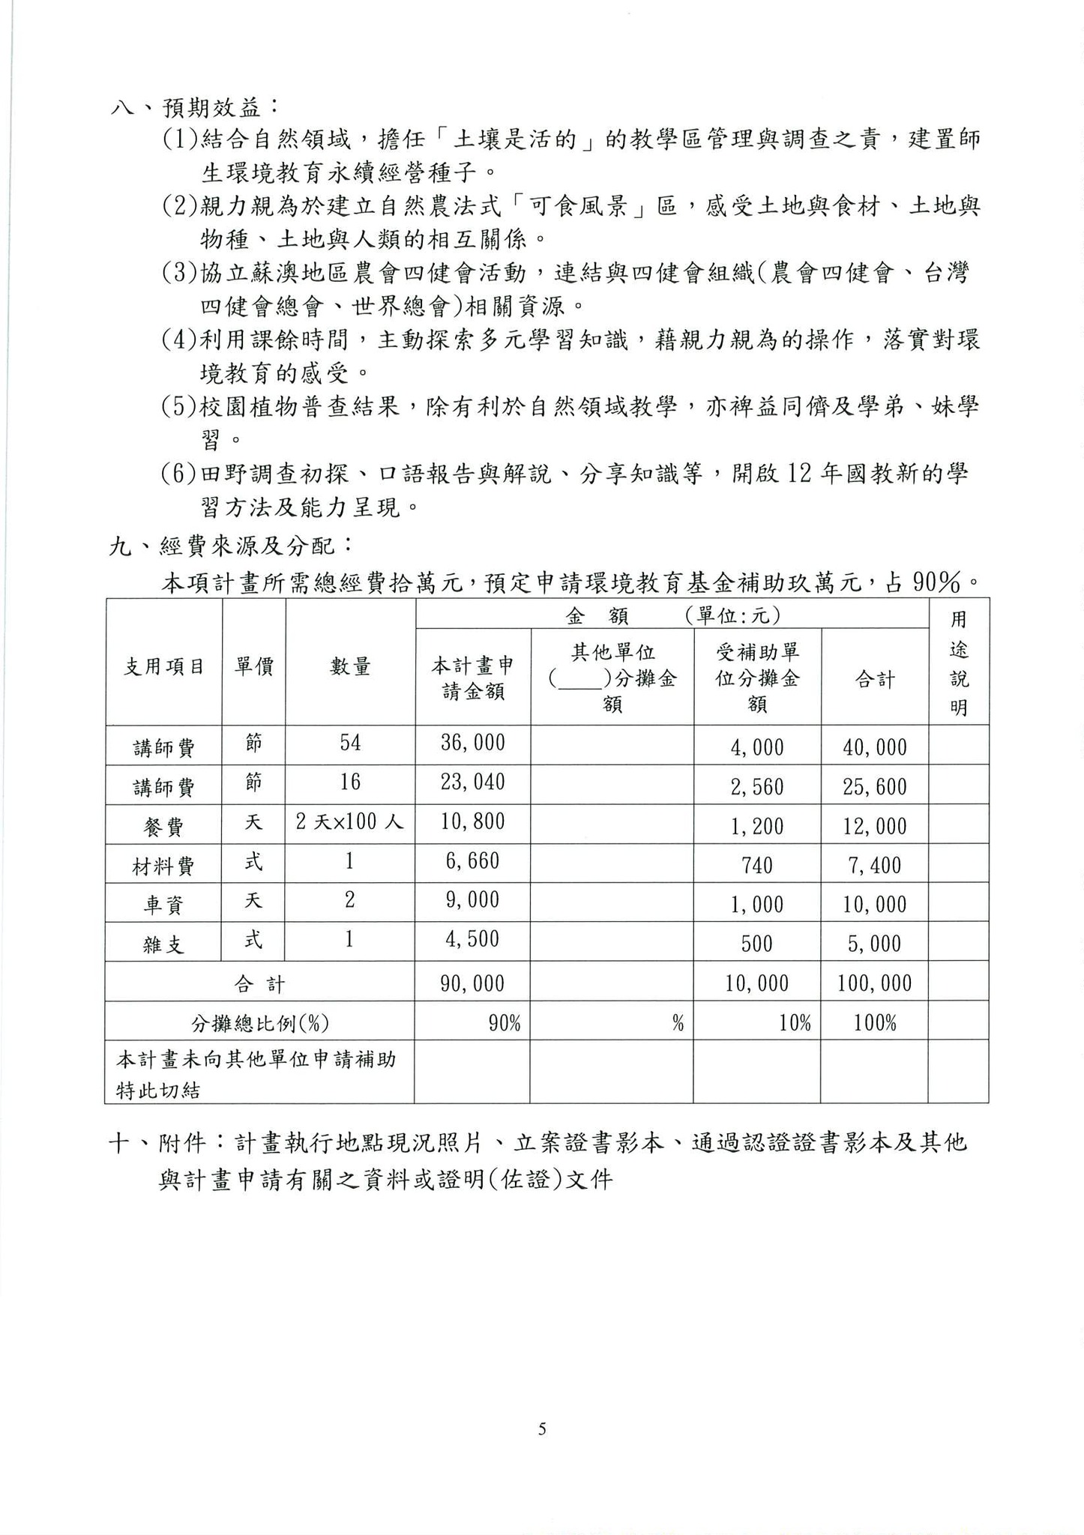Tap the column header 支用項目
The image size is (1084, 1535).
pyautogui.click(x=164, y=666)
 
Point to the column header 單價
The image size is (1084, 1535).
pyautogui.click(x=253, y=666)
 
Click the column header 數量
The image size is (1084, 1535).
pyautogui.click(x=350, y=666)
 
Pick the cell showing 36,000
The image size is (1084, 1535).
pyautogui.click(x=472, y=743)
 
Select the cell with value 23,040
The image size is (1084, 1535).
pyautogui.click(x=472, y=782)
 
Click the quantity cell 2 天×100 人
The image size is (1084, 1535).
pyautogui.click(x=350, y=822)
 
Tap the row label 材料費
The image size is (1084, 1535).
pyautogui.click(x=164, y=866)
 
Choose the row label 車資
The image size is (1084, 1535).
pyautogui.click(x=164, y=905)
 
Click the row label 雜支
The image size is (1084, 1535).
pyautogui.click(x=164, y=944)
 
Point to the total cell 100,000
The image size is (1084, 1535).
pyautogui.click(x=874, y=983)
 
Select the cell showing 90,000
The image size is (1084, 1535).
pyautogui.click(x=472, y=983)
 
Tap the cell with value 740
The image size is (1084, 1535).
pyautogui.click(x=756, y=866)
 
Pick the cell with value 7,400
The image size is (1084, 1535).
pyautogui.click(x=874, y=866)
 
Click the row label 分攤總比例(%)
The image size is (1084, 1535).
pyautogui.click(x=259, y=1023)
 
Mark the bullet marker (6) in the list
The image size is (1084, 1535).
pyautogui.click(x=180, y=474)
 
